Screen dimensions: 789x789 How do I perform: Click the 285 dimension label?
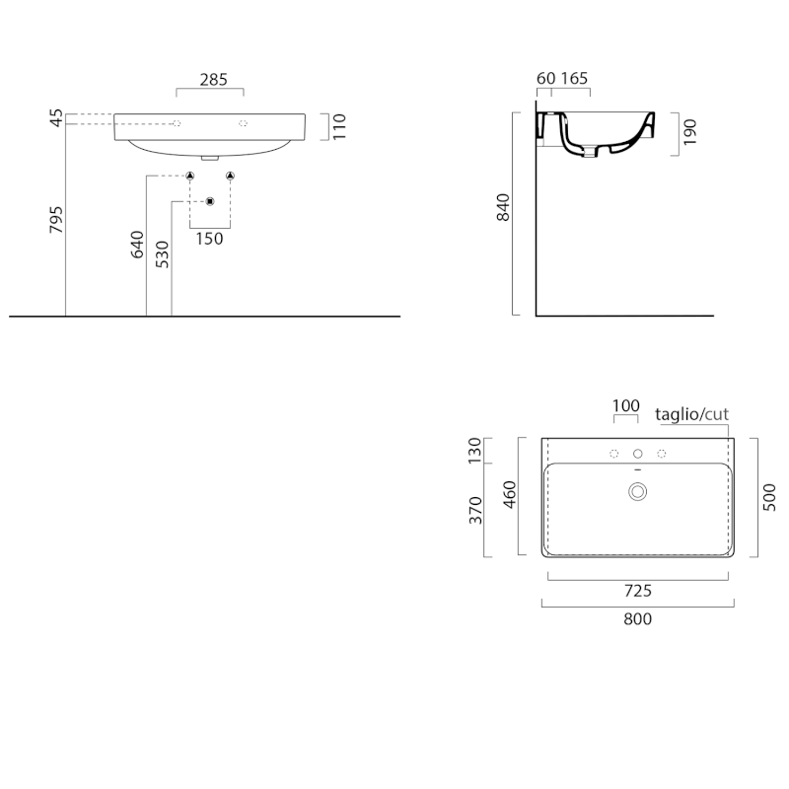pyautogui.click(x=214, y=80)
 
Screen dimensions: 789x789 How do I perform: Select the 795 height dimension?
pyautogui.click(x=56, y=219)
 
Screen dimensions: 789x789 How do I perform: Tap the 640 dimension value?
pyautogui.click(x=137, y=245)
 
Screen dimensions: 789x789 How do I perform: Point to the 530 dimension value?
pyautogui.click(x=162, y=254)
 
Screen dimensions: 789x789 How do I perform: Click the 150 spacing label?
pyautogui.click(x=209, y=239)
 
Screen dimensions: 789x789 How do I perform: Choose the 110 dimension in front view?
pyautogui.click(x=339, y=127)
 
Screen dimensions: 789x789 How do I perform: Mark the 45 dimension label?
pyautogui.click(x=56, y=117)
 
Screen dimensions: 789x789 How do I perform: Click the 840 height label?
pyautogui.click(x=503, y=207)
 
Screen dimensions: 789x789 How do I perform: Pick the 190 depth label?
pyautogui.click(x=689, y=132)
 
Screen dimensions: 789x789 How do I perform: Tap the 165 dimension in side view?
pyautogui.click(x=574, y=79)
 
